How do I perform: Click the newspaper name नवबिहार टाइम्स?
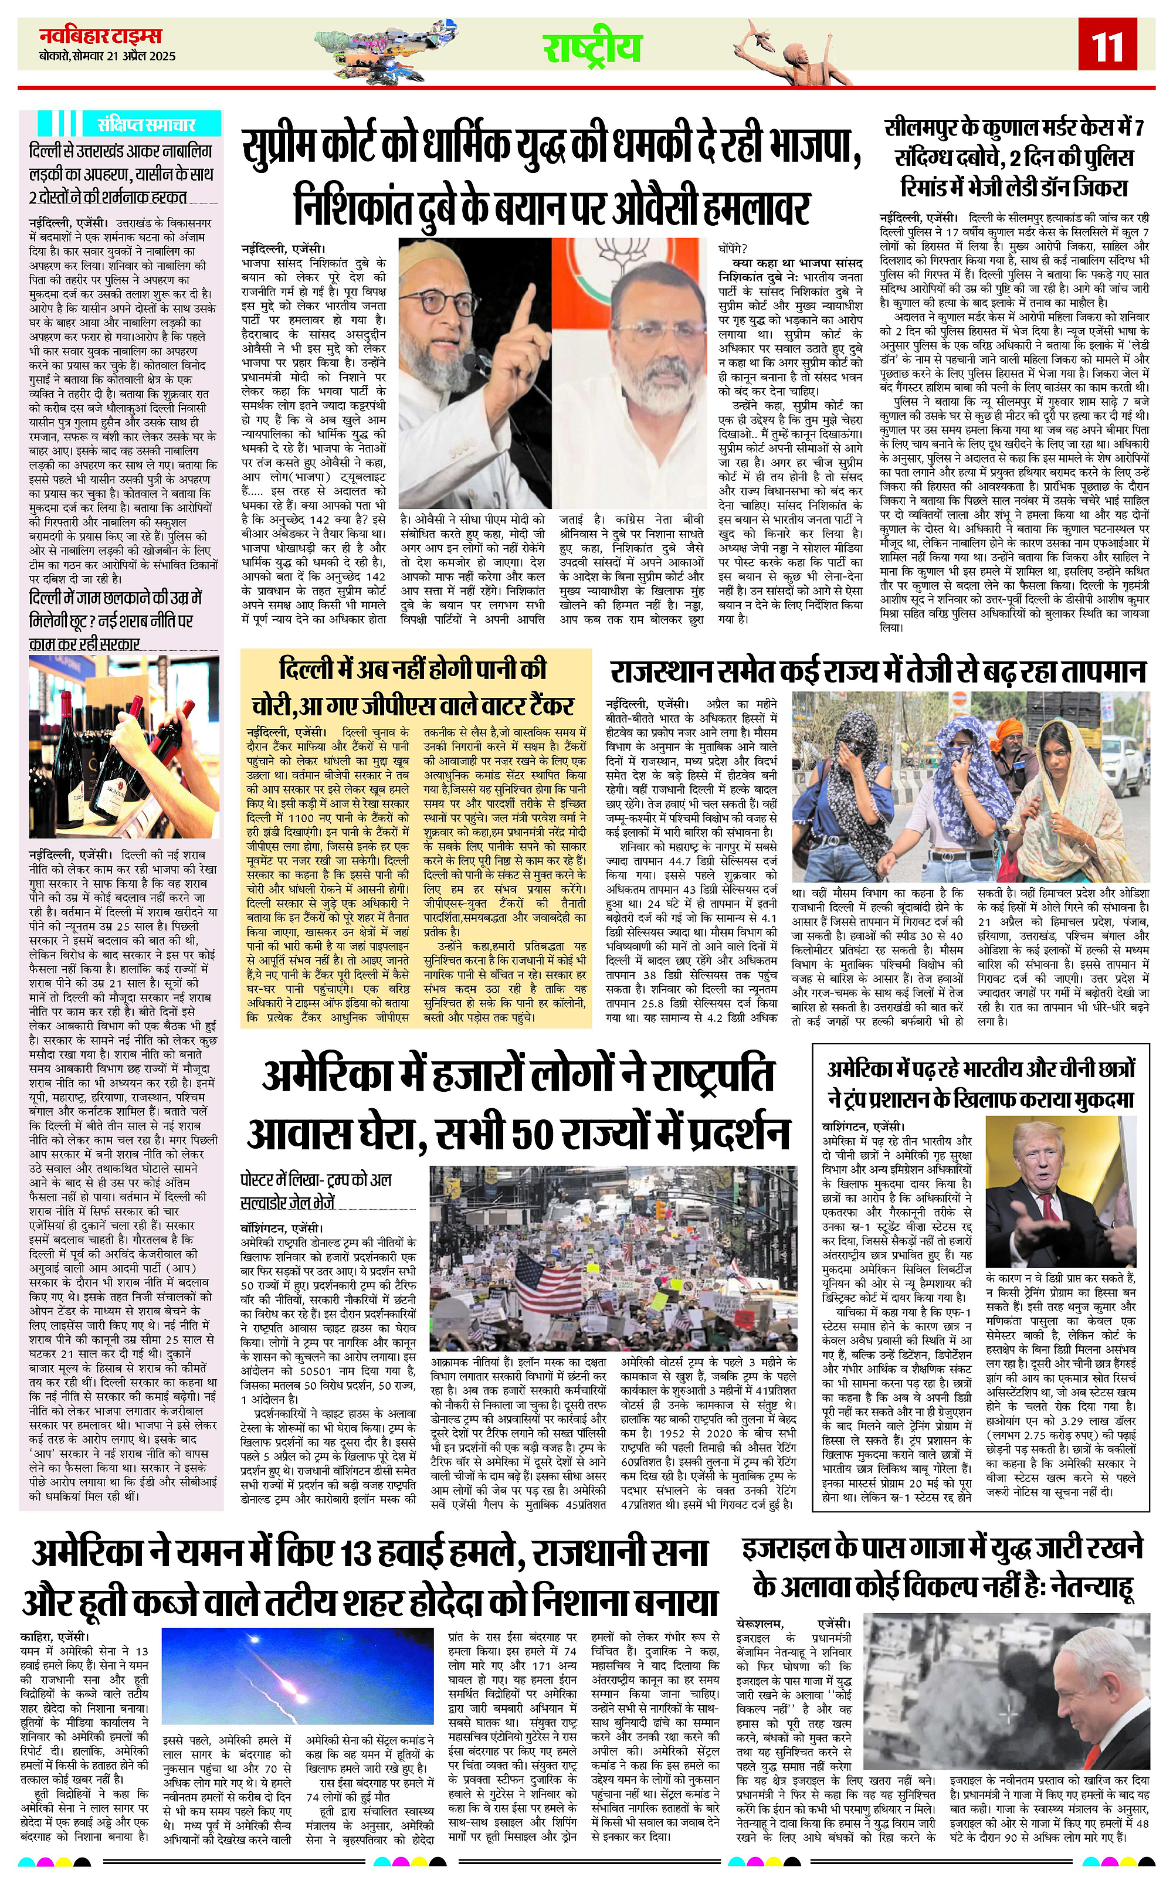pos(101,36)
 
